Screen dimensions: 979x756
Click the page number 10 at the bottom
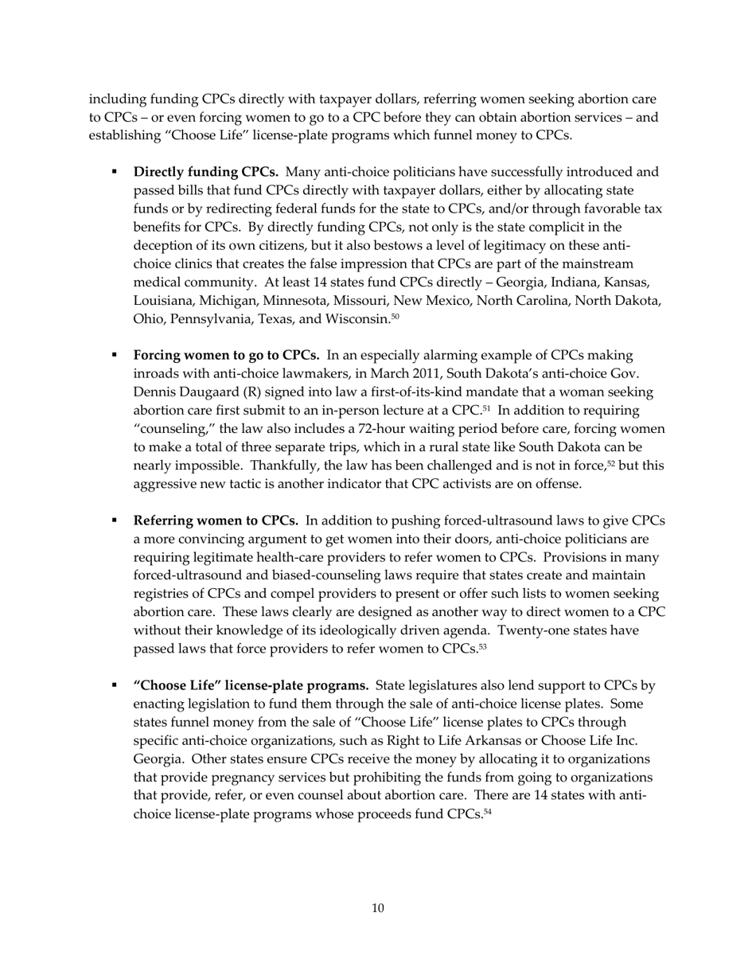click(378, 908)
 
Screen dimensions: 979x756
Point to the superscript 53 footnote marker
click(482, 646)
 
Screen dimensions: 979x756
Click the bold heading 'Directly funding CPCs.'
click(205, 172)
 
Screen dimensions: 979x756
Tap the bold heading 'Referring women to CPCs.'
click(216, 521)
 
